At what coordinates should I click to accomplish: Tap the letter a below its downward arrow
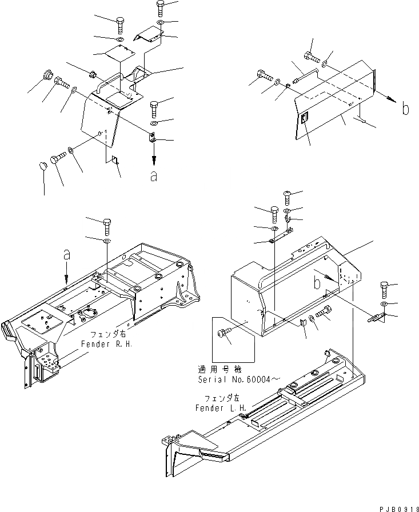coord(153,177)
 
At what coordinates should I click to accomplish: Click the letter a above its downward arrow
coord(66,257)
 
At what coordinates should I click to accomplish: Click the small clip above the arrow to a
coord(153,138)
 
